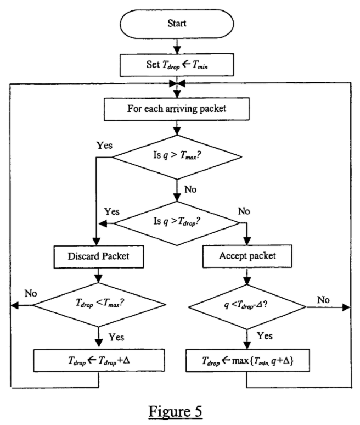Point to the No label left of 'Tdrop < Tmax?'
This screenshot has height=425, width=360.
coord(30,293)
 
